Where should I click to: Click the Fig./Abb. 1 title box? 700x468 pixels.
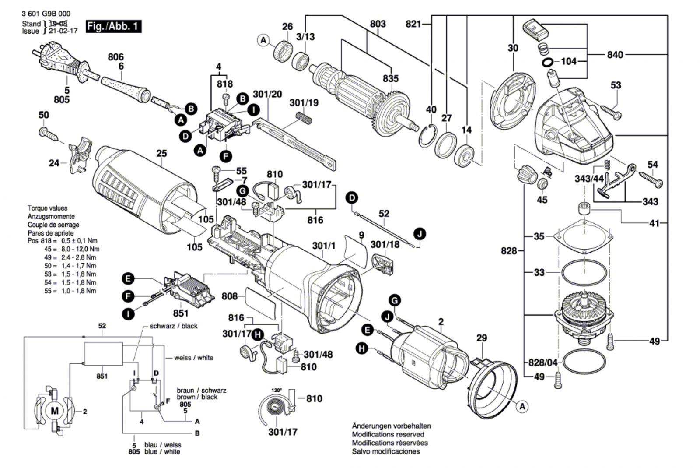click(x=113, y=26)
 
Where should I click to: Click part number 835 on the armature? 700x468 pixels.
click(x=390, y=78)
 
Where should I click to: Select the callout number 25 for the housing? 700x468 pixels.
click(x=161, y=154)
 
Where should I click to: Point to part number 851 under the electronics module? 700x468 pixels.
click(x=181, y=313)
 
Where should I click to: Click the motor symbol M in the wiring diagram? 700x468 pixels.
click(x=54, y=411)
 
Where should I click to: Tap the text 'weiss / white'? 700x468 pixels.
click(x=193, y=358)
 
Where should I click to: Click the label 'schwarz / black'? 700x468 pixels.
click(x=174, y=326)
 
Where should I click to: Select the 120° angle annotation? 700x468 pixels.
click(x=276, y=389)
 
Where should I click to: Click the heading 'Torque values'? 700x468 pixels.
click(x=48, y=208)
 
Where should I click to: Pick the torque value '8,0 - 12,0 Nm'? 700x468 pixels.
click(x=77, y=249)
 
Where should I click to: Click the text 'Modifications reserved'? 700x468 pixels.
click(x=388, y=434)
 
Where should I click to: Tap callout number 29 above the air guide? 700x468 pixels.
click(x=482, y=338)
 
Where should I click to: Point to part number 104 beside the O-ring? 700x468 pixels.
click(x=569, y=61)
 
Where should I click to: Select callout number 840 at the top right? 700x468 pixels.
click(x=615, y=55)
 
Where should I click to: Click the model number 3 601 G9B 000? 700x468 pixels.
click(x=45, y=14)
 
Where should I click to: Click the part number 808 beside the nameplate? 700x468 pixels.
click(x=230, y=296)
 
